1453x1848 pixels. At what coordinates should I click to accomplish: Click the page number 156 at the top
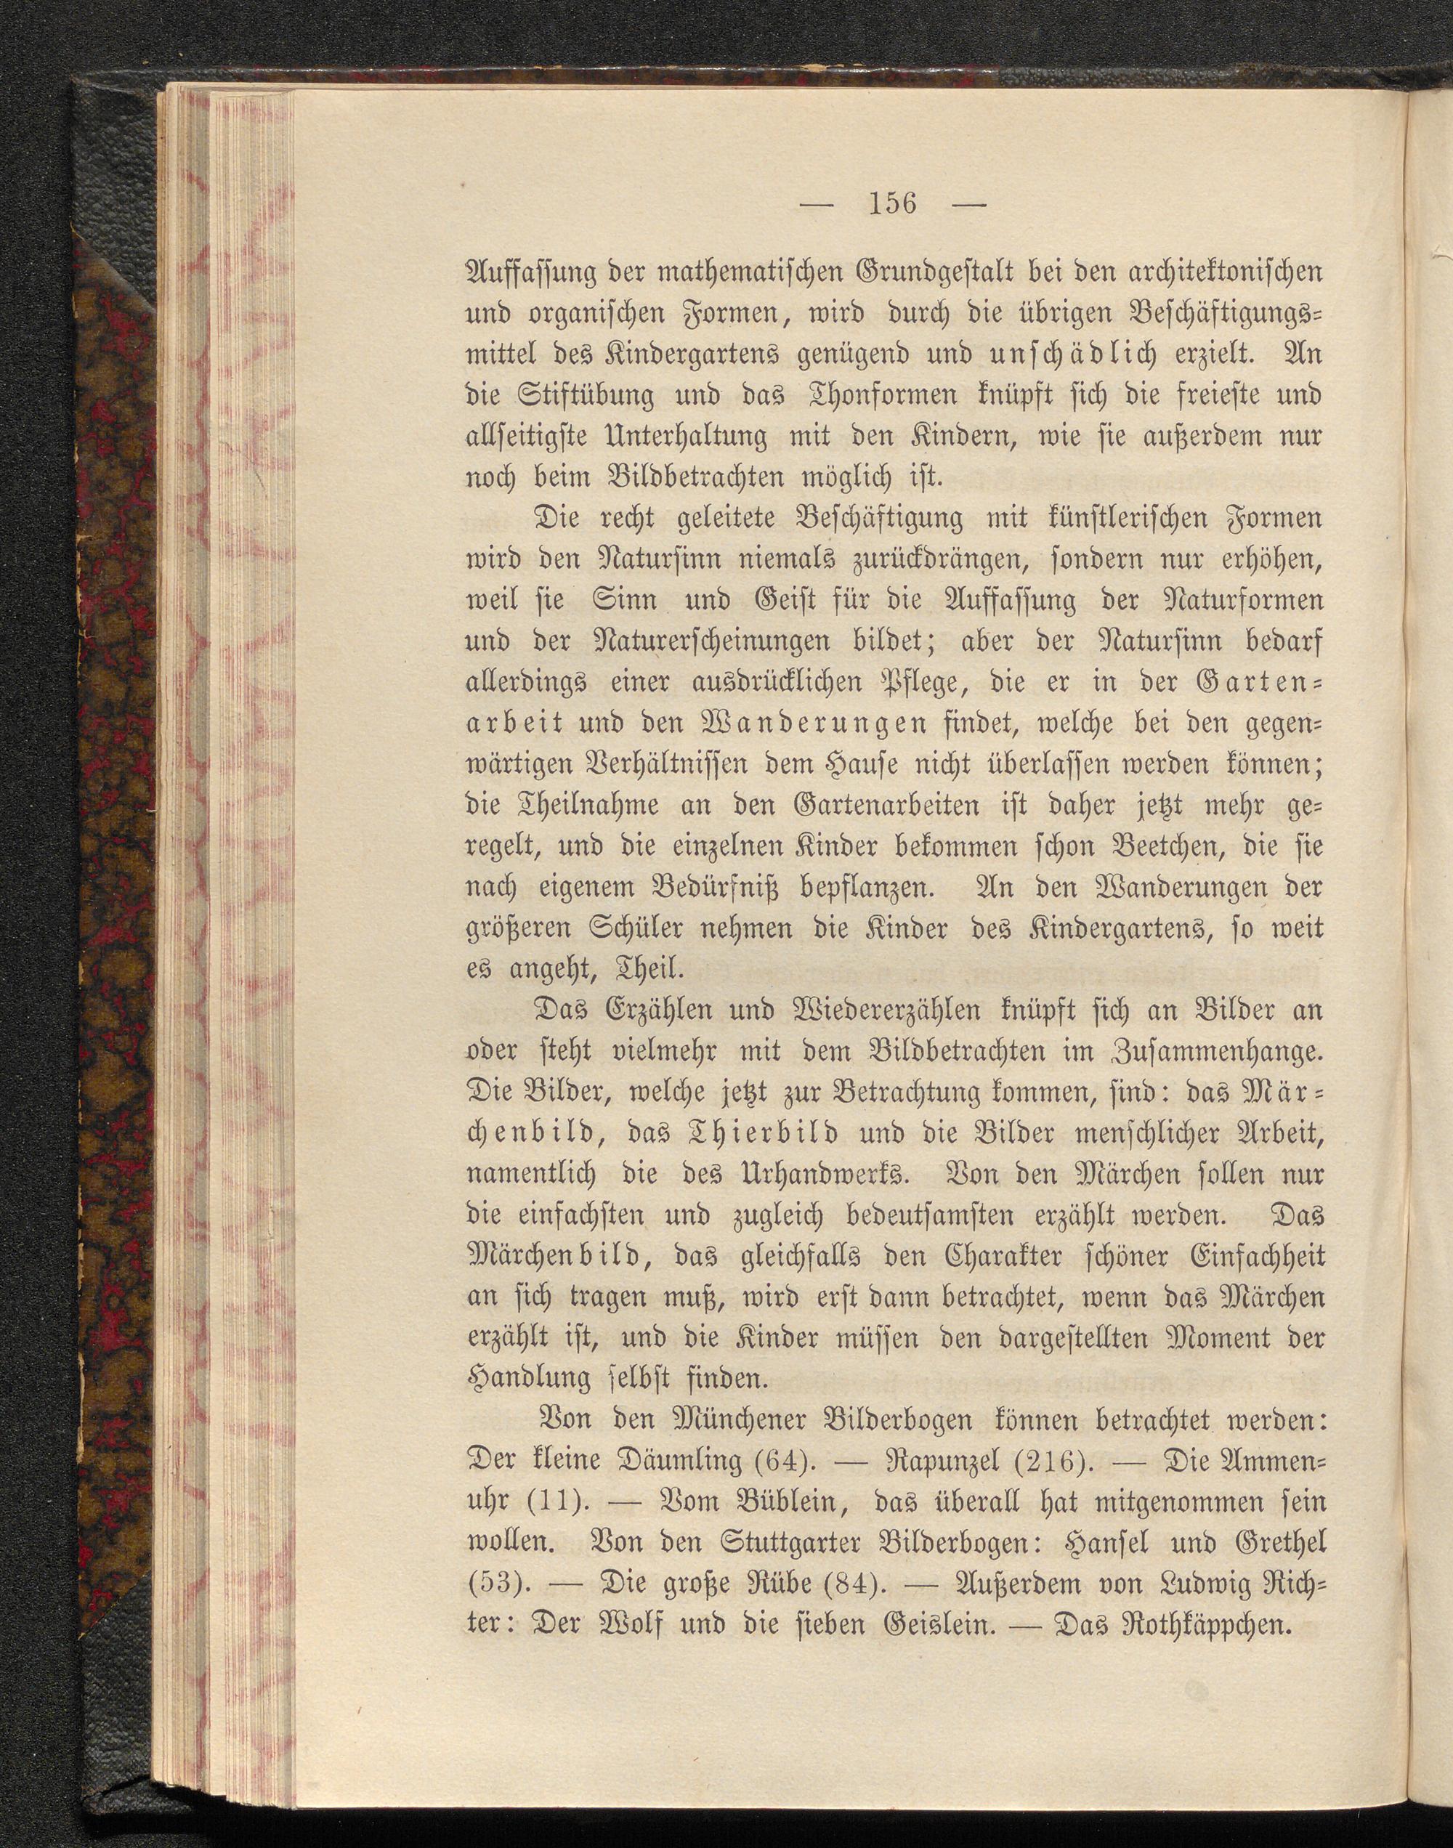pyautogui.click(x=891, y=204)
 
